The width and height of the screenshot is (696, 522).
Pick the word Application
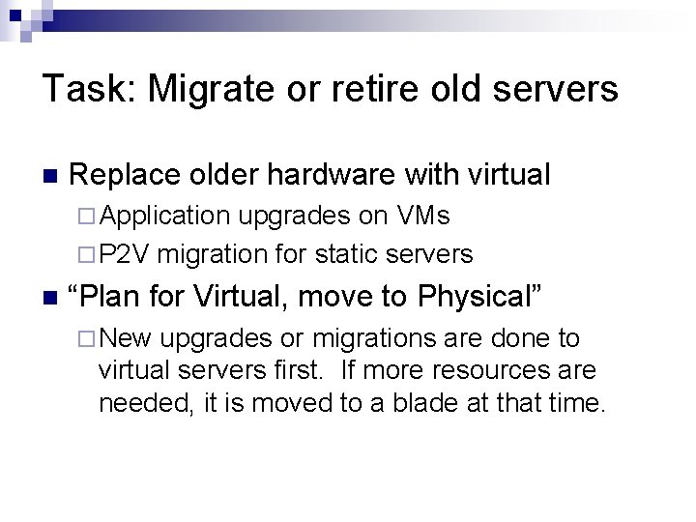pyautogui.click(x=164, y=216)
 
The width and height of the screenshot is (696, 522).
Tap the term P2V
pyautogui.click(x=123, y=255)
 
